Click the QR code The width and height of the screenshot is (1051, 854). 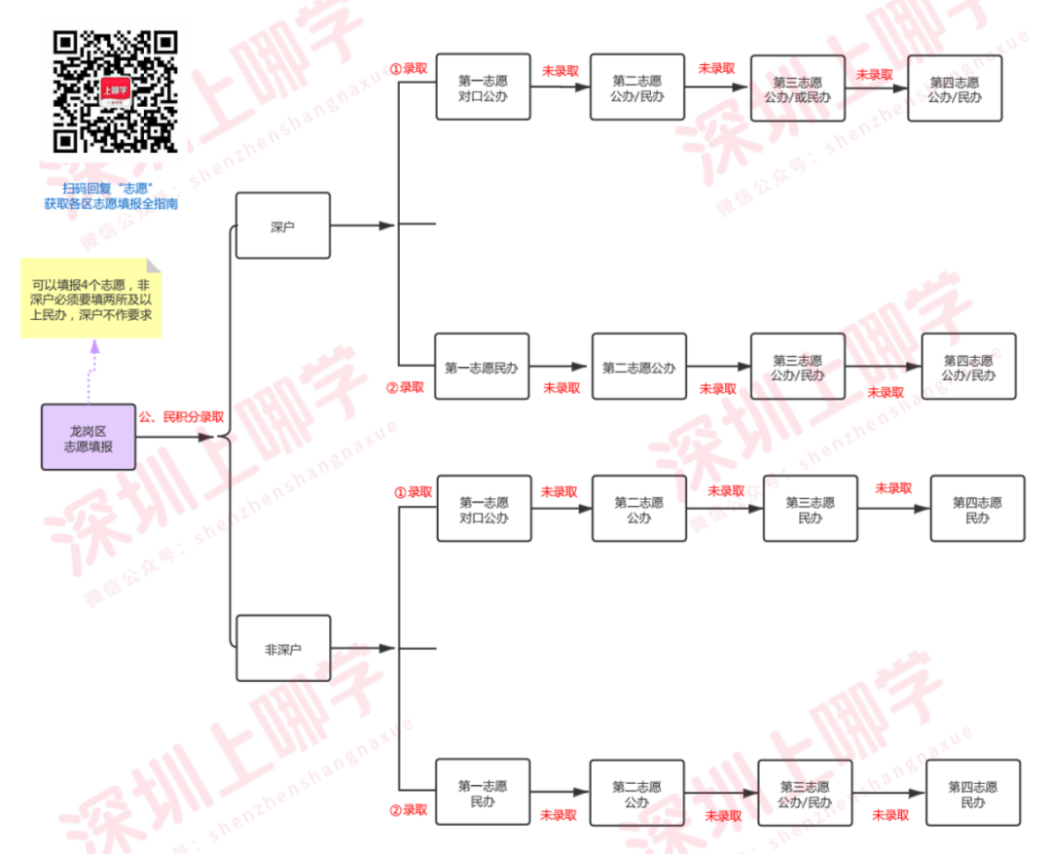pyautogui.click(x=115, y=91)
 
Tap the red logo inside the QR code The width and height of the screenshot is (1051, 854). pyautogui.click(x=115, y=90)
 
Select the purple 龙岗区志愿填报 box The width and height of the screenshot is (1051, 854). pyautogui.click(x=89, y=438)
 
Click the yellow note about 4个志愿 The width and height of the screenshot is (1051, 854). pyautogui.click(x=91, y=298)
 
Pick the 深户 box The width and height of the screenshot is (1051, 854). pyautogui.click(x=283, y=226)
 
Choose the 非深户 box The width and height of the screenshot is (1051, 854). pyautogui.click(x=283, y=649)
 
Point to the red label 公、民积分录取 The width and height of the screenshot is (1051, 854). pyautogui.click(x=181, y=417)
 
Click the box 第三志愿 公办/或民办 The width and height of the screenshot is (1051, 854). pyautogui.click(x=798, y=89)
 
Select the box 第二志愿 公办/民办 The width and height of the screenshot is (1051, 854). pyautogui.click(x=637, y=88)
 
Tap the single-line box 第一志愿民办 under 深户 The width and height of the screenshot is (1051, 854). pyautogui.click(x=482, y=367)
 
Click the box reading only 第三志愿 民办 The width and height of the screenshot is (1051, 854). pyautogui.click(x=811, y=509)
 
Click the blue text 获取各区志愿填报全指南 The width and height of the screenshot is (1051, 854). pyautogui.click(x=111, y=203)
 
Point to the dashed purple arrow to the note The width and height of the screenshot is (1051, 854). pyautogui.click(x=91, y=372)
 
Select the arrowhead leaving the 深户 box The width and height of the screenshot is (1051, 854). pyautogui.click(x=386, y=226)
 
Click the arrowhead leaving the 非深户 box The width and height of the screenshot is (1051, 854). pyautogui.click(x=387, y=649)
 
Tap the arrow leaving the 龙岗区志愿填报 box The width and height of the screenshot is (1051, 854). pyautogui.click(x=175, y=438)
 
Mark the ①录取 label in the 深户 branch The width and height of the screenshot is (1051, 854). pyautogui.click(x=408, y=68)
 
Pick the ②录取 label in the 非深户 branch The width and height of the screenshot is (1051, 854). pyautogui.click(x=408, y=810)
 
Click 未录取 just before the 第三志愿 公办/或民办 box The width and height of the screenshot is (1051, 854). pyautogui.click(x=716, y=68)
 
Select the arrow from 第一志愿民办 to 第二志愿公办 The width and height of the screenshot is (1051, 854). pyautogui.click(x=559, y=367)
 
